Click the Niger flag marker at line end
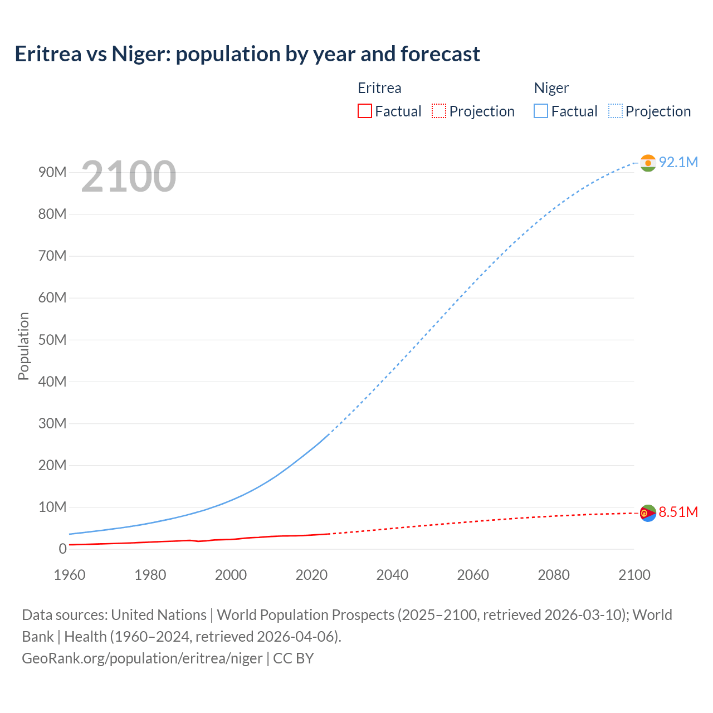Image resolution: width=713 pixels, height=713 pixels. click(648, 163)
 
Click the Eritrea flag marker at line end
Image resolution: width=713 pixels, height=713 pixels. click(648, 513)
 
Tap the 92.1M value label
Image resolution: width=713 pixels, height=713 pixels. click(678, 162)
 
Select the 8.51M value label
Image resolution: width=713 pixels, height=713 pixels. click(678, 512)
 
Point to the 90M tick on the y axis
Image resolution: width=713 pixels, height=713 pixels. click(52, 172)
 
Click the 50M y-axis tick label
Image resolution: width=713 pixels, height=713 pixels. click(52, 340)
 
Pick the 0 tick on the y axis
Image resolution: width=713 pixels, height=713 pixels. click(62, 549)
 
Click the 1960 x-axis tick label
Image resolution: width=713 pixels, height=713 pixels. click(70, 575)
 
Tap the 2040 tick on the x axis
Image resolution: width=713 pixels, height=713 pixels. click(392, 575)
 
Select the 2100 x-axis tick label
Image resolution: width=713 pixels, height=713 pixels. click(634, 575)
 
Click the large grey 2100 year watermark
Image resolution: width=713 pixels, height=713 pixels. click(129, 177)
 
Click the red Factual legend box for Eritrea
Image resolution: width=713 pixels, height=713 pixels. click(365, 111)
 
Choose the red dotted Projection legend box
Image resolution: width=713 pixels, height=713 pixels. click(439, 111)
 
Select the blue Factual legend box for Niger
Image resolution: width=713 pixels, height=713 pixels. click(541, 111)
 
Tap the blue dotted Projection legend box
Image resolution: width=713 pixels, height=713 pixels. click(616, 111)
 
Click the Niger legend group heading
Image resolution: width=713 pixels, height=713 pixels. click(551, 88)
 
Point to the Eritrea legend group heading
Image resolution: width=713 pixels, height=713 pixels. click(379, 88)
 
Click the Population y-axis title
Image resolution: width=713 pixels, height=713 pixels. click(23, 346)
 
